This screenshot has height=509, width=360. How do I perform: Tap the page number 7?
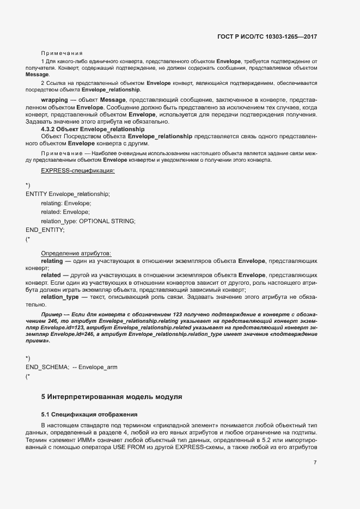pyautogui.click(x=315, y=463)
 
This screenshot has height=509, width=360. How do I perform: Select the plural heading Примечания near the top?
pyautogui.click(x=62, y=53)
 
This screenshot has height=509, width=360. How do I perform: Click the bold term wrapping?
pyautogui.click(x=54, y=101)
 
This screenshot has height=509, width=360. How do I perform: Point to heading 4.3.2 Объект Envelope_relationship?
pyautogui.click(x=93, y=130)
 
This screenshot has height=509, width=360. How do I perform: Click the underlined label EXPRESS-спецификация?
pyautogui.click(x=77, y=171)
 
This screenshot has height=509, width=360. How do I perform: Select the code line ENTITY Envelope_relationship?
pyautogui.click(x=68, y=194)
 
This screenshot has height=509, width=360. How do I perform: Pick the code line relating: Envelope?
pyautogui.click(x=66, y=203)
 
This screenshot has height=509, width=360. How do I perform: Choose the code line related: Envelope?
pyautogui.click(x=65, y=212)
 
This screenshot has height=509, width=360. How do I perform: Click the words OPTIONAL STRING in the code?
pyautogui.click(x=107, y=220)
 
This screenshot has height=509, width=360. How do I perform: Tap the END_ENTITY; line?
pyautogui.click(x=45, y=230)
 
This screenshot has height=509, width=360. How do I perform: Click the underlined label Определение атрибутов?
pyautogui.click(x=76, y=253)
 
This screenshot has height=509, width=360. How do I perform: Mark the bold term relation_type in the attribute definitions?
pyautogui.click(x=60, y=297)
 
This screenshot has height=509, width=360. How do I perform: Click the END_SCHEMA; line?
pyautogui.click(x=47, y=367)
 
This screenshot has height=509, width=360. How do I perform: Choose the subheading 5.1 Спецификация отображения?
pyautogui.click(x=86, y=414)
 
